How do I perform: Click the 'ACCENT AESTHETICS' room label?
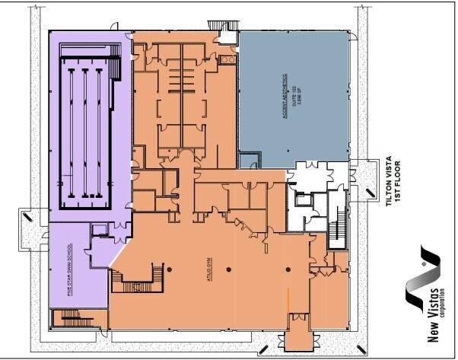pos(284,94)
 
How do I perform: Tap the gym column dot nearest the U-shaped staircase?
pos(170,270)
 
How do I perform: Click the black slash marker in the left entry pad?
pos(29,216)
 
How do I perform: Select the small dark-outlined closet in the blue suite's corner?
pos(248,159)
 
